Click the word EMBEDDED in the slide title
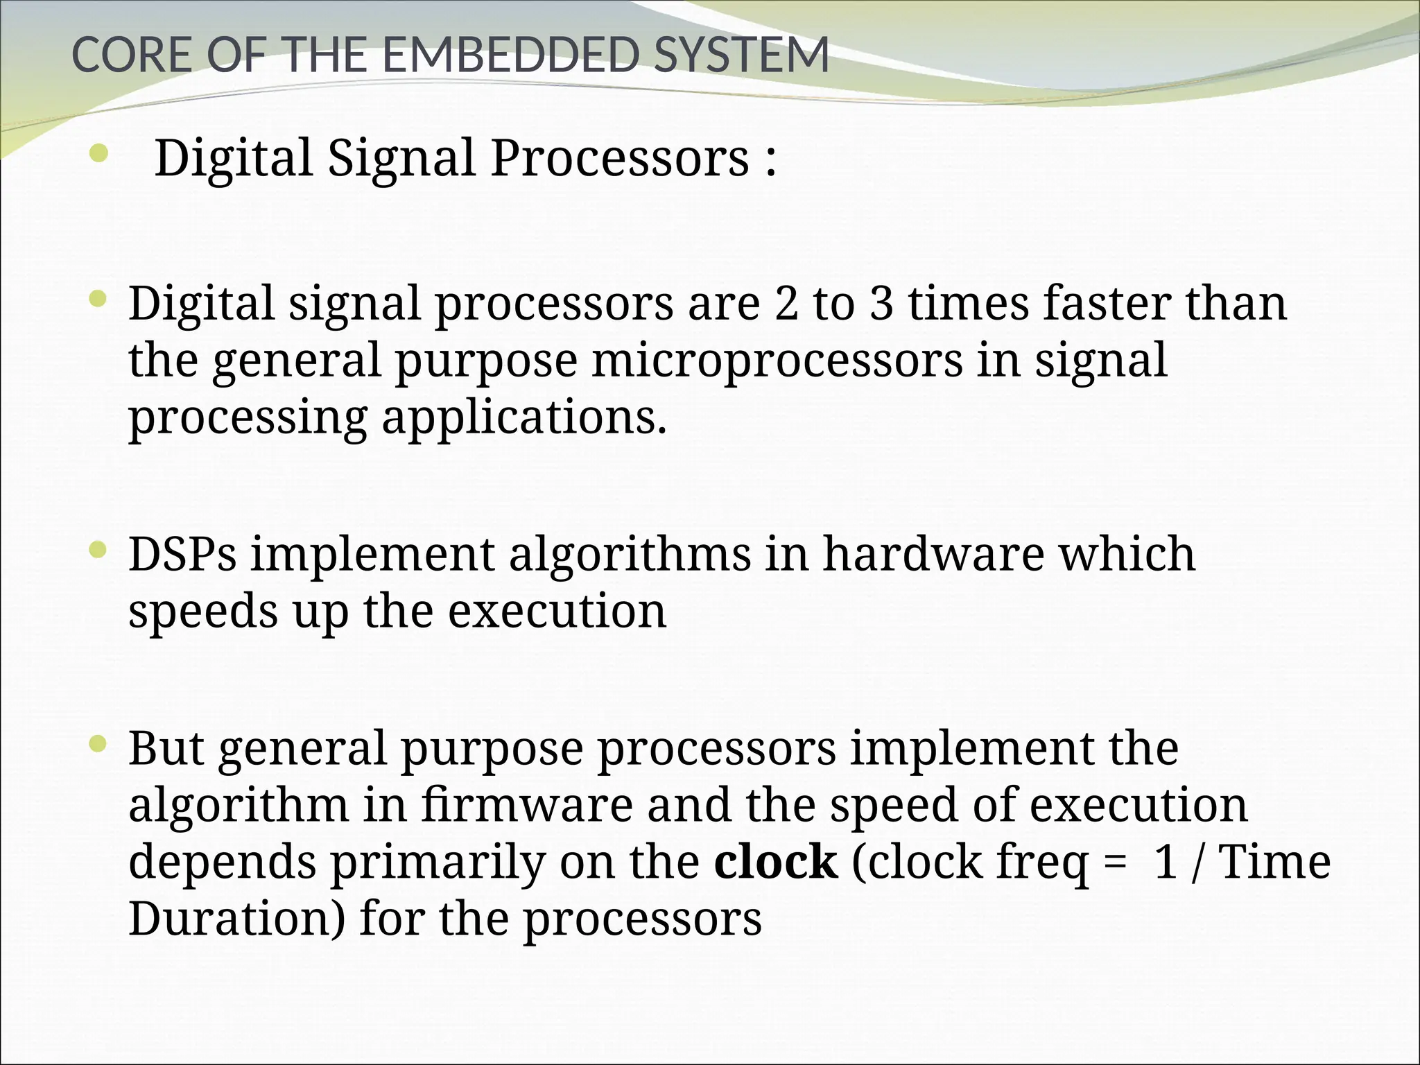point(509,55)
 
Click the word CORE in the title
point(132,55)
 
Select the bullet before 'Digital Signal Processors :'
point(98,154)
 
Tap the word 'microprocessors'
point(777,361)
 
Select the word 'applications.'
point(524,417)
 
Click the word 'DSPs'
point(182,554)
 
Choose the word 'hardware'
point(933,554)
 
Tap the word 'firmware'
point(527,805)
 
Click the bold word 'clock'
point(776,862)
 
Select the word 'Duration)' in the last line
point(236,919)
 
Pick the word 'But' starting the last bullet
point(166,748)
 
